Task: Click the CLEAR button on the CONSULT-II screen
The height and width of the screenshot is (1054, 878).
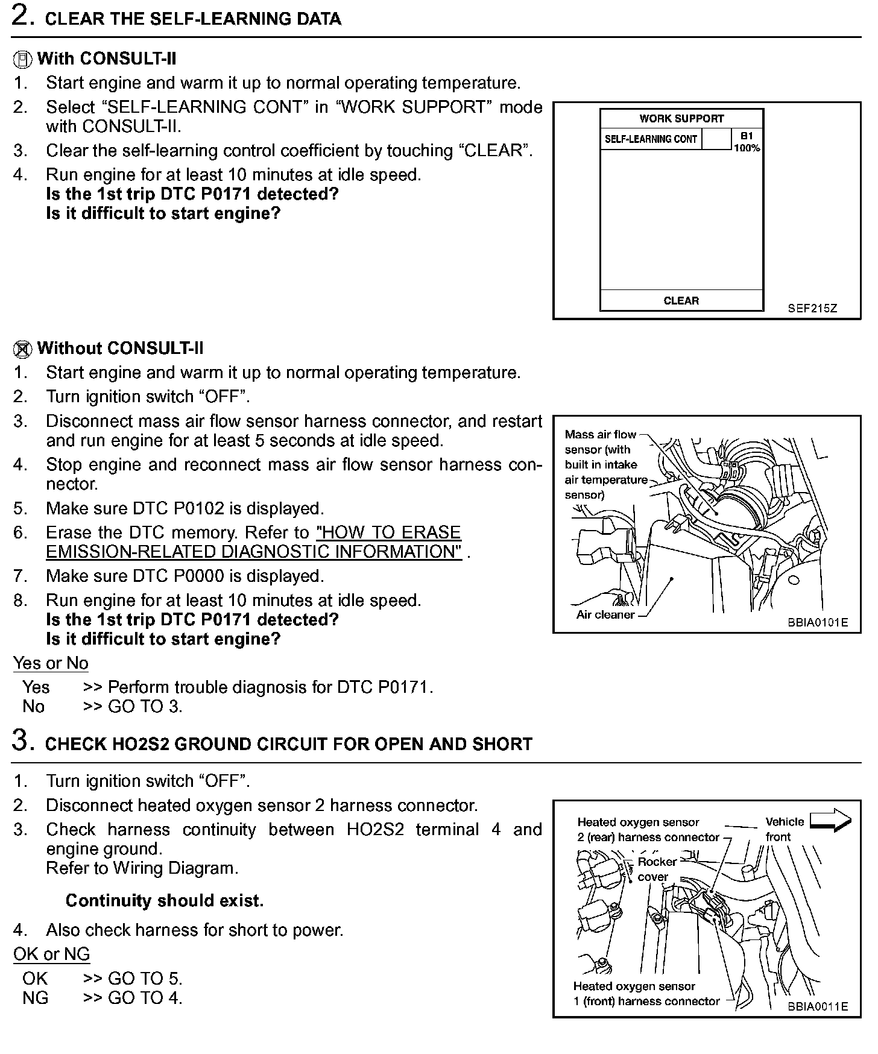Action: click(681, 300)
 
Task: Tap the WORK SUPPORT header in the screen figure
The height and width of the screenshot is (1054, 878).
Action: click(681, 118)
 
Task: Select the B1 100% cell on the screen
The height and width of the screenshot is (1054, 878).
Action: click(747, 141)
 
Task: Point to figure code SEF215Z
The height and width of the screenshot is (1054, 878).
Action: click(812, 308)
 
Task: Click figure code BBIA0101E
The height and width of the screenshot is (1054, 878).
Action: click(817, 622)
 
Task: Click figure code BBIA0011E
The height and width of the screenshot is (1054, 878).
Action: click(817, 1006)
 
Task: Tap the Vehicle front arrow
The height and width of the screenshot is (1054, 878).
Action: click(830, 821)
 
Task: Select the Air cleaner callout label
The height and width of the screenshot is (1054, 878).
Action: click(605, 614)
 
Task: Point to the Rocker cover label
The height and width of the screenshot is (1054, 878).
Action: click(655, 869)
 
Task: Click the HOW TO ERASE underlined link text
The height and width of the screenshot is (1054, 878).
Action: click(388, 532)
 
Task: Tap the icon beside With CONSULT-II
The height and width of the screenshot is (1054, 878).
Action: click(22, 60)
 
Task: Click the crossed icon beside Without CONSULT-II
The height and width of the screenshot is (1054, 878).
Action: click(22, 349)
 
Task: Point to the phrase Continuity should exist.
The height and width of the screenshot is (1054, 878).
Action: click(165, 901)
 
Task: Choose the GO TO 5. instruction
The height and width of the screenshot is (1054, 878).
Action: click(144, 978)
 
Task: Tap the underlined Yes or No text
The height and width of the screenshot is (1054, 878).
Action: click(51, 663)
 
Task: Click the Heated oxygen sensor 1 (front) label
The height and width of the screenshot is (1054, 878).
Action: click(646, 994)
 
